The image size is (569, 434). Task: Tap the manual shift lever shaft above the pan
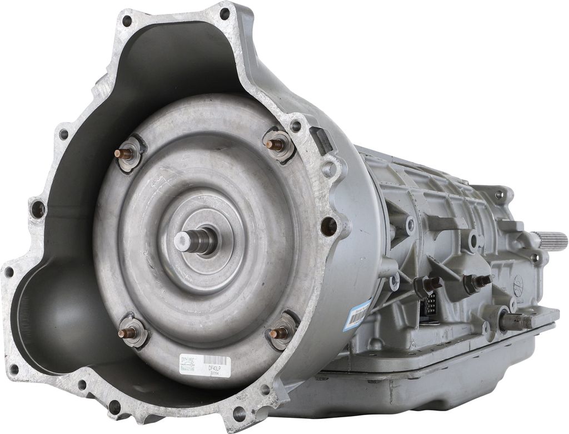click(x=515, y=321)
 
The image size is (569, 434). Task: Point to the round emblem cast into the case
click(x=519, y=283)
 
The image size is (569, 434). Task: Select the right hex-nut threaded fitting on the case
click(x=477, y=282)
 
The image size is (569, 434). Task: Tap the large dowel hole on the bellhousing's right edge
click(x=328, y=225)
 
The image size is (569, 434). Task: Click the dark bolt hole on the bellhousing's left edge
click(x=38, y=209)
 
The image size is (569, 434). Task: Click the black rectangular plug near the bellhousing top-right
click(x=323, y=140)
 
